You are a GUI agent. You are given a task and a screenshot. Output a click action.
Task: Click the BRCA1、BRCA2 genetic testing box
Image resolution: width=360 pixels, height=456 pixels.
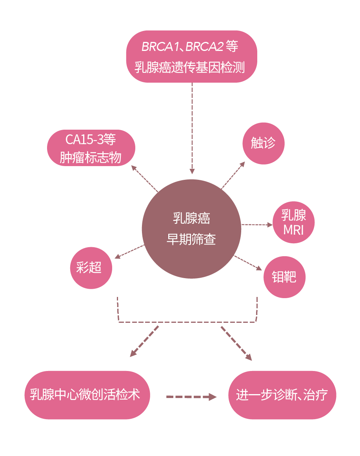coord(191,56)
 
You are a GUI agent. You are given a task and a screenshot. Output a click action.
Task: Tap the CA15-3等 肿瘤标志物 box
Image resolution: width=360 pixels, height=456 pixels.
coord(91,148)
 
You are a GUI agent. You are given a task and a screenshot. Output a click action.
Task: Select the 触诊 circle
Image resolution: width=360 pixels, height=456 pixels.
coord(264,143)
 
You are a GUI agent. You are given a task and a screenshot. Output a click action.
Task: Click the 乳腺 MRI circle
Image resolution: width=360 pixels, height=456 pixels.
coord(294,222)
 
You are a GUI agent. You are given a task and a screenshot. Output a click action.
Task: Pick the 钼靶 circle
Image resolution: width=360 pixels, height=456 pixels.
coord(284,277)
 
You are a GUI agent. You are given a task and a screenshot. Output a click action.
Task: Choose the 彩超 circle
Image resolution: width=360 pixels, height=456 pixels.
coord(91,268)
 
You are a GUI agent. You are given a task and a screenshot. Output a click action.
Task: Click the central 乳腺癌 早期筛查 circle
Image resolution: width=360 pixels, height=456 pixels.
coord(191,229)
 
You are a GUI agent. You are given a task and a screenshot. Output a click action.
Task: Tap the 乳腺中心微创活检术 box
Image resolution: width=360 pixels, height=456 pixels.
coord(87,395)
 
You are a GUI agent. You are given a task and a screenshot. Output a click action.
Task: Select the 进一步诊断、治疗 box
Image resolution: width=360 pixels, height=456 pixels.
coord(282,395)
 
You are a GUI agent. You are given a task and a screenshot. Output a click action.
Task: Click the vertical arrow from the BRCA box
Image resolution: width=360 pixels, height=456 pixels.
coord(192,128)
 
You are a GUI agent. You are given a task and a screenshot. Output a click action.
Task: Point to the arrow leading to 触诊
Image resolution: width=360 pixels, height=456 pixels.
coord(233,176)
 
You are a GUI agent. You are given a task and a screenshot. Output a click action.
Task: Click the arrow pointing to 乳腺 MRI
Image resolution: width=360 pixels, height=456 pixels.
coord(257,224)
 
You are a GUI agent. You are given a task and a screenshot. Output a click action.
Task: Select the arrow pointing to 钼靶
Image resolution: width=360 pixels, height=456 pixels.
coord(248,263)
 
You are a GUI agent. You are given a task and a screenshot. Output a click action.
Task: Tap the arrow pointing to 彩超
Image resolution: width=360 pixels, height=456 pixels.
coord(129,252)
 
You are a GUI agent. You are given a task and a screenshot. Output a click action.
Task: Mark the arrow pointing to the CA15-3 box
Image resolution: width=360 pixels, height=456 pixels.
coord(145,179)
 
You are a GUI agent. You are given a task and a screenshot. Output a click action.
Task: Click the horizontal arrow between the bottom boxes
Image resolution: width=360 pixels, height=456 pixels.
coord(191,397)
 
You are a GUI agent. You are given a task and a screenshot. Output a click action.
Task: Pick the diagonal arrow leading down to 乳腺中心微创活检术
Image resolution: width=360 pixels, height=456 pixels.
coord(144,342)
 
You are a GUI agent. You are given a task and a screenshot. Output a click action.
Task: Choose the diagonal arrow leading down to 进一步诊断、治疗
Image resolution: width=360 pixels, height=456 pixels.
coord(236,344)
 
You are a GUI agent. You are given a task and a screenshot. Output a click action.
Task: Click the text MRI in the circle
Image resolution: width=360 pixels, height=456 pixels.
coord(293,230)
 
